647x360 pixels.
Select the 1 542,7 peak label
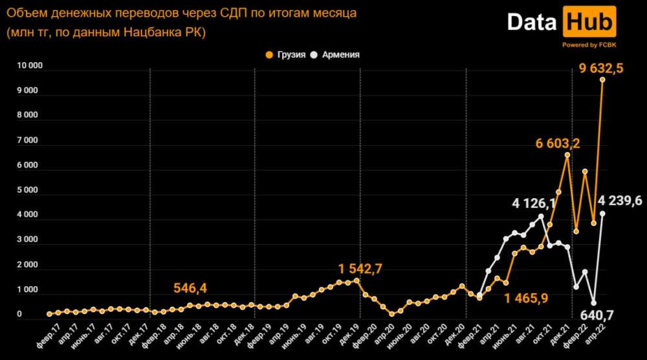click(360, 267)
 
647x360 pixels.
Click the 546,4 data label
click(195, 287)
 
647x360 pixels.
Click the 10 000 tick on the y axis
click(29, 65)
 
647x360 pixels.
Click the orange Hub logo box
click(589, 23)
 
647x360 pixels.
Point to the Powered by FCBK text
click(588, 45)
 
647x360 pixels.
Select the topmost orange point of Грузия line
click(602, 80)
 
